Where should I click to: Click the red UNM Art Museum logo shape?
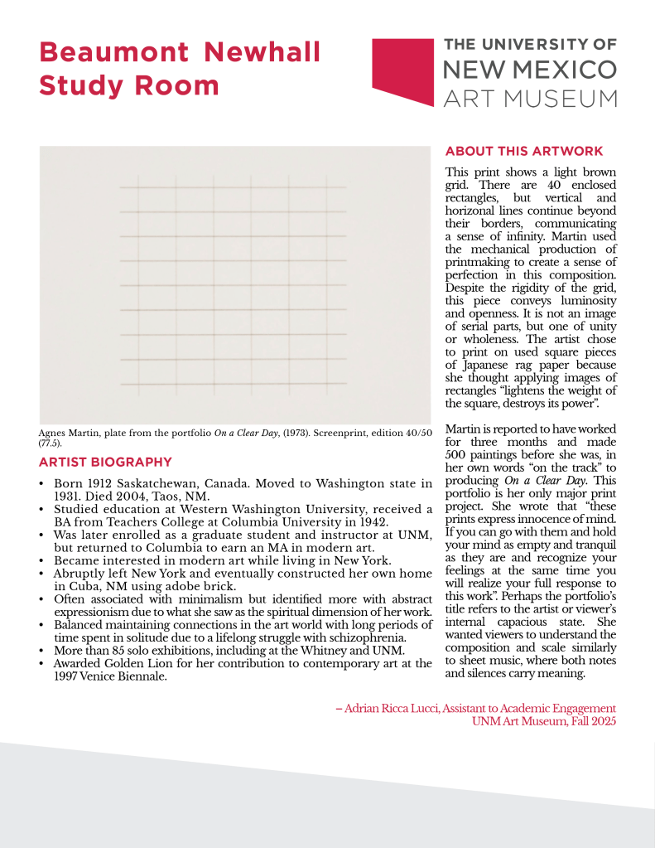tap(403, 70)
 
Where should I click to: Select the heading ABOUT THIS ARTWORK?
tap(524, 151)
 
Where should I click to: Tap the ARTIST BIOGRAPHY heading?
tap(105, 462)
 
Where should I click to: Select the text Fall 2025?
tap(592, 721)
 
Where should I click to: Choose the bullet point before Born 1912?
tap(42, 484)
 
